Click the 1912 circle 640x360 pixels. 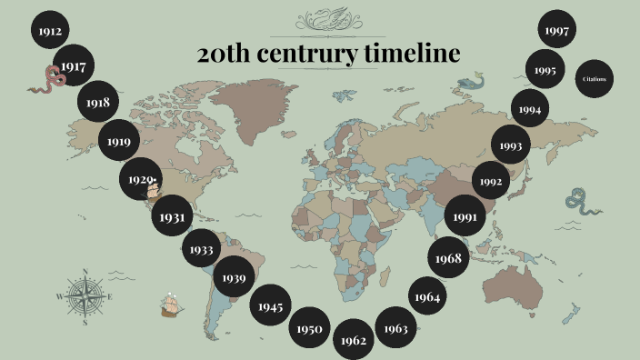coord(50,32)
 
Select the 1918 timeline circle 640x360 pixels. coord(98,103)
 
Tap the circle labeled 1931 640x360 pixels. coord(173,217)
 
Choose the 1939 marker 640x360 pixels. coord(234,277)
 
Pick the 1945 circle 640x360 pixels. coord(270,306)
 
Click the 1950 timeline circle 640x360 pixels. coord(309,329)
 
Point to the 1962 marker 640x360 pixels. coord(354,340)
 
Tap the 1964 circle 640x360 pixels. coord(427,296)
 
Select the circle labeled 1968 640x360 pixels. coord(447,258)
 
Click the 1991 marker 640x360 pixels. coord(465,217)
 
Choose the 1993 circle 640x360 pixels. coord(511,145)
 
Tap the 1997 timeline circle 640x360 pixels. coord(557,31)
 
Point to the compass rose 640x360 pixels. coord(85,296)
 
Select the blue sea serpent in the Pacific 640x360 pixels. coord(581,201)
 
